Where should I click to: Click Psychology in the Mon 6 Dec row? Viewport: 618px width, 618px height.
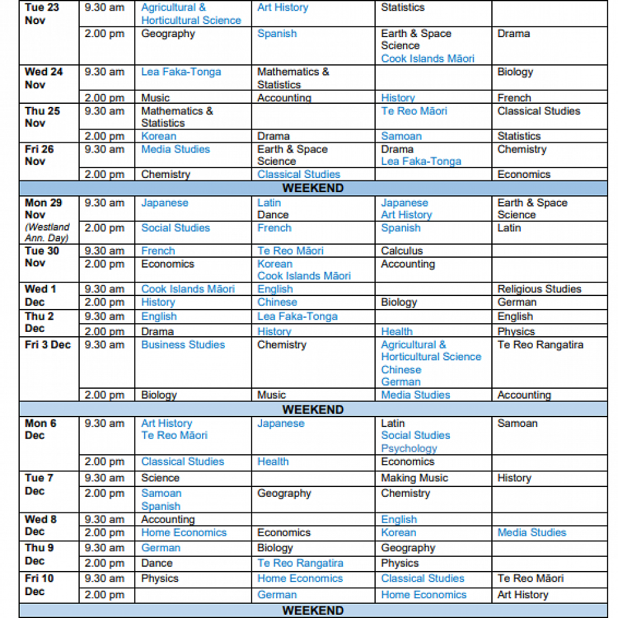[408, 449]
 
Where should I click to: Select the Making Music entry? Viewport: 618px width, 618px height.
[414, 478]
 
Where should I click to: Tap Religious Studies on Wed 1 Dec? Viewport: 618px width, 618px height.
[539, 289]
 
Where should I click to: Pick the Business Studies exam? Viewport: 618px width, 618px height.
[183, 345]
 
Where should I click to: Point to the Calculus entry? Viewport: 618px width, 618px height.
[402, 251]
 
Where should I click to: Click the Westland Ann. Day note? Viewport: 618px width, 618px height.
[47, 232]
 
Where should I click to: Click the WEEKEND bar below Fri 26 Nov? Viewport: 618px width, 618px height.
[313, 188]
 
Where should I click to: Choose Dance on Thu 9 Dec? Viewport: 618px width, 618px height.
[157, 563]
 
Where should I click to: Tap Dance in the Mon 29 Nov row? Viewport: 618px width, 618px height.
[273, 215]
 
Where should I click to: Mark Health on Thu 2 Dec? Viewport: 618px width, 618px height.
[397, 332]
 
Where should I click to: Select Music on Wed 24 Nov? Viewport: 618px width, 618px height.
[155, 98]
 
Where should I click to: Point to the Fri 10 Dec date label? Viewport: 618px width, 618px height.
[40, 585]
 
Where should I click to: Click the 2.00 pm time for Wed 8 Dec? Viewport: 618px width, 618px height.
[104, 533]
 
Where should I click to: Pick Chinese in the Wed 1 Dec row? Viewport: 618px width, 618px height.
[277, 302]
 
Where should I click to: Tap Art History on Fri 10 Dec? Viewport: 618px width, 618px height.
[522, 595]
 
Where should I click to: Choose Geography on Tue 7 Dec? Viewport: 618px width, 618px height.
[284, 493]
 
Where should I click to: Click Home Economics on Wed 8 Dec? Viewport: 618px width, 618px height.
[184, 533]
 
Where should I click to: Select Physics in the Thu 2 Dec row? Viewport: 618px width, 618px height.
[516, 332]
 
